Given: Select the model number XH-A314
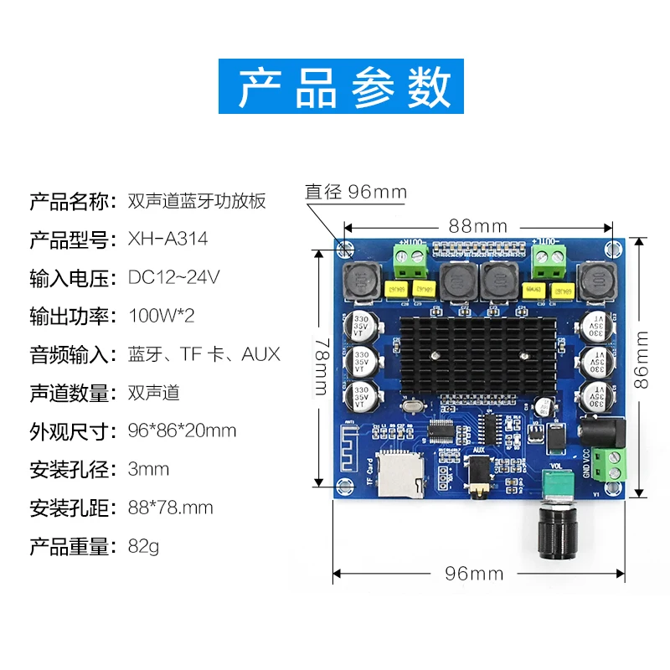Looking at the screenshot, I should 167,240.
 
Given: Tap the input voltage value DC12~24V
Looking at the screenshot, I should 174,278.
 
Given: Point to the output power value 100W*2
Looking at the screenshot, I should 162,317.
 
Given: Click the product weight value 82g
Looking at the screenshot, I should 143,547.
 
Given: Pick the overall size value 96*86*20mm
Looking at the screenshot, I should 182,431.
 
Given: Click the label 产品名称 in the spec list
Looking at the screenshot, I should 70,202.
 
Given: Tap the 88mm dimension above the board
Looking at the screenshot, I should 477,226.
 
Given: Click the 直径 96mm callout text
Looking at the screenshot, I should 355,193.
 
